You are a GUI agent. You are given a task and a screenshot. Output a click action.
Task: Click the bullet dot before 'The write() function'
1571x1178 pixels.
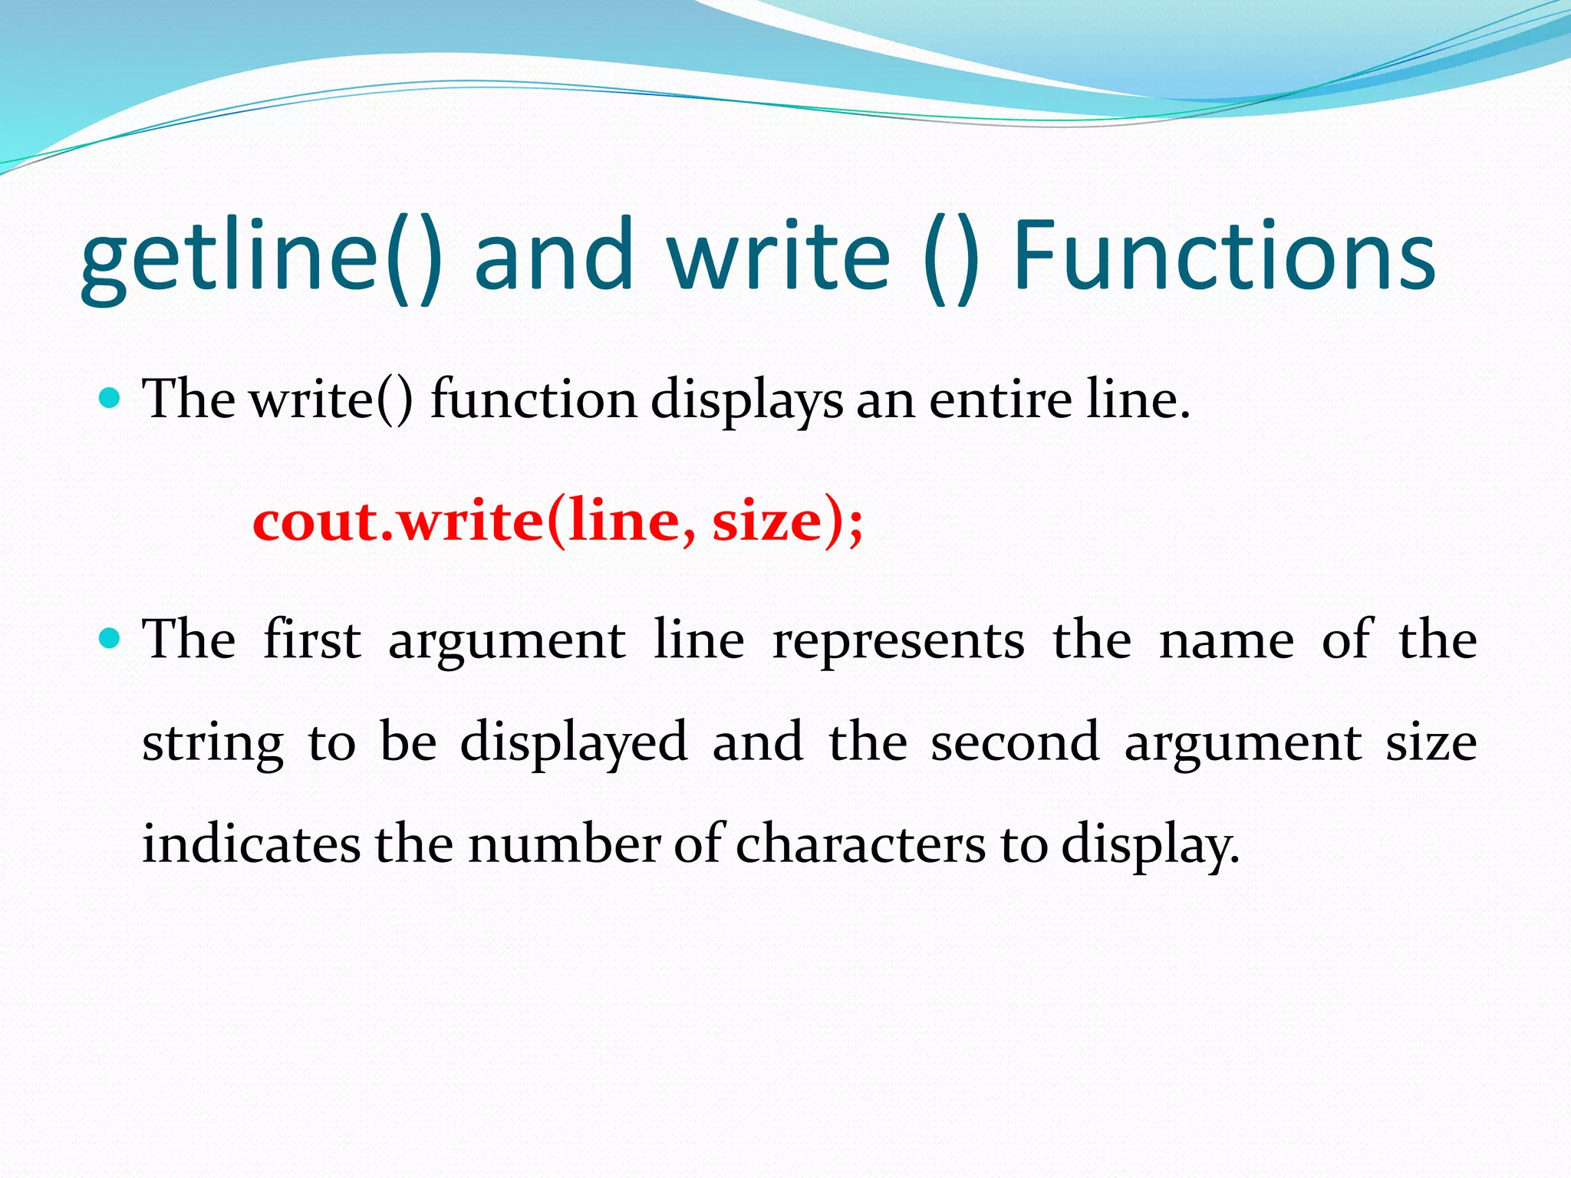pyautogui.click(x=110, y=398)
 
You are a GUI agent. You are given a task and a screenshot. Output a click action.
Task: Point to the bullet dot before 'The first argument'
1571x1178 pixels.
pyautogui.click(x=110, y=638)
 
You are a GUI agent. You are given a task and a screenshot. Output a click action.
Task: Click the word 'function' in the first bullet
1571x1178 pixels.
pyautogui.click(x=533, y=400)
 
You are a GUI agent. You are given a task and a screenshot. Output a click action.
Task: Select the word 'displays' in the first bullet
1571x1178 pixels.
pyautogui.click(x=746, y=401)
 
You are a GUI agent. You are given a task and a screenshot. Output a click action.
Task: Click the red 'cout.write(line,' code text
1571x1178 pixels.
pyautogui.click(x=475, y=522)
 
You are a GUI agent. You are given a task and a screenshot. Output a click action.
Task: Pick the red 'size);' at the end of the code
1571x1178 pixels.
pyautogui.click(x=787, y=522)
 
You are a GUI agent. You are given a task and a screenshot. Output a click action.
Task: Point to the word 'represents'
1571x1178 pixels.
pyautogui.click(x=898, y=641)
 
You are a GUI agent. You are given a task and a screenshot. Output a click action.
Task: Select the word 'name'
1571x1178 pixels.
pyautogui.click(x=1227, y=641)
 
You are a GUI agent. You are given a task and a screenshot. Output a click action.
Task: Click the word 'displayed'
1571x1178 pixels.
pyautogui.click(x=574, y=742)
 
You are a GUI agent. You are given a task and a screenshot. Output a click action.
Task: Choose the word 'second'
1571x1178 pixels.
pyautogui.click(x=1015, y=742)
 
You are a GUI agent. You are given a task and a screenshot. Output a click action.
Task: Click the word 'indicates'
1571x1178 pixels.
pyautogui.click(x=251, y=844)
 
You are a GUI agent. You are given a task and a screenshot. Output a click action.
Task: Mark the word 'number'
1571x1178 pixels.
pyautogui.click(x=564, y=844)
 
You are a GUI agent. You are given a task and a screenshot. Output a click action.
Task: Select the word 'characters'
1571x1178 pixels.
pyautogui.click(x=861, y=844)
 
